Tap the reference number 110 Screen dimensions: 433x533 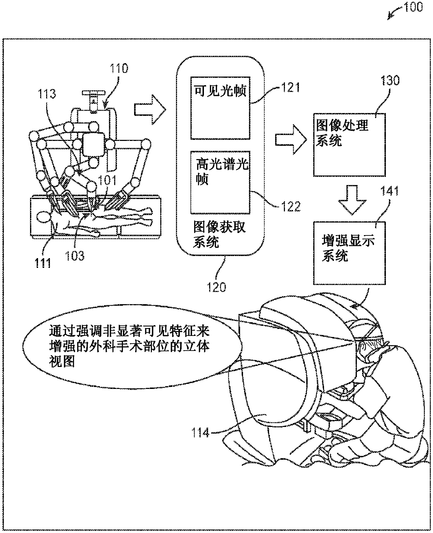click(x=119, y=68)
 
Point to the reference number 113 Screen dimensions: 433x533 click(x=47, y=94)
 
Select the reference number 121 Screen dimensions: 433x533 click(x=291, y=88)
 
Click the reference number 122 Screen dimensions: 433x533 click(x=291, y=207)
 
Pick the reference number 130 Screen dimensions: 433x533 click(x=390, y=81)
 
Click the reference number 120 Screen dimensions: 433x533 click(x=216, y=287)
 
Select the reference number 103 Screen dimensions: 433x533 click(x=75, y=256)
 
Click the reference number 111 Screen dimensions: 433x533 click(x=43, y=263)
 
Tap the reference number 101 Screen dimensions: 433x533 click(x=107, y=180)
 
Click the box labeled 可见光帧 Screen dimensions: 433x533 click(x=220, y=108)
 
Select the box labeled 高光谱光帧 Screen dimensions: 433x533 click(x=220, y=182)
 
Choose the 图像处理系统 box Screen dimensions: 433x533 click(x=349, y=145)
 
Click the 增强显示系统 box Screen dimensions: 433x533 click(x=349, y=253)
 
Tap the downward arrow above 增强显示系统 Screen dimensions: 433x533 click(x=352, y=200)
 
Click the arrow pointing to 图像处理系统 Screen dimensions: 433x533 click(x=291, y=140)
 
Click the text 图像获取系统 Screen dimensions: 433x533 click(x=219, y=234)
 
